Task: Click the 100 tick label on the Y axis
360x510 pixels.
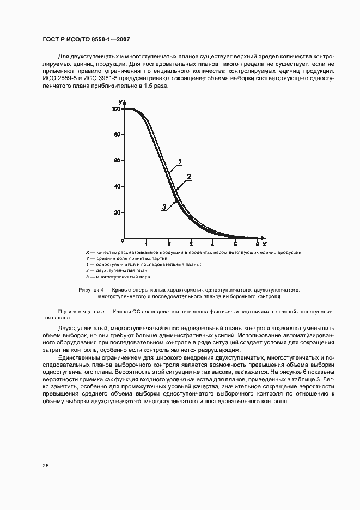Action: click(115, 110)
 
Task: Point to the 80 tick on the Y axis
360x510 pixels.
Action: click(117, 135)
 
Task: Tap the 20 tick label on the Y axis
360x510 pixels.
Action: click(117, 212)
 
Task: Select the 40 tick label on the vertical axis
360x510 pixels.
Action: click(117, 187)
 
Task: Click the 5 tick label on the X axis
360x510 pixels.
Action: click(235, 243)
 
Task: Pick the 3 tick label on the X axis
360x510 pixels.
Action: click(191, 243)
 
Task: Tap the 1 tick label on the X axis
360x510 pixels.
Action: click(147, 243)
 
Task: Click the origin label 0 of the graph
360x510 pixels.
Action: click(123, 240)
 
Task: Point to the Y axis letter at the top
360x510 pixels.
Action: click(120, 102)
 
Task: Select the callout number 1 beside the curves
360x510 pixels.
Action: click(180, 161)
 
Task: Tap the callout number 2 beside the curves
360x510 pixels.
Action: click(188, 176)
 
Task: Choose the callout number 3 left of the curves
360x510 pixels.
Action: click(163, 207)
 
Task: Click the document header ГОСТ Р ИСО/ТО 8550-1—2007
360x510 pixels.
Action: click(86, 40)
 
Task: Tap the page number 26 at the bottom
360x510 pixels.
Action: click(46, 466)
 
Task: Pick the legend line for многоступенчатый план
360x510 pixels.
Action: click(118, 277)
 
